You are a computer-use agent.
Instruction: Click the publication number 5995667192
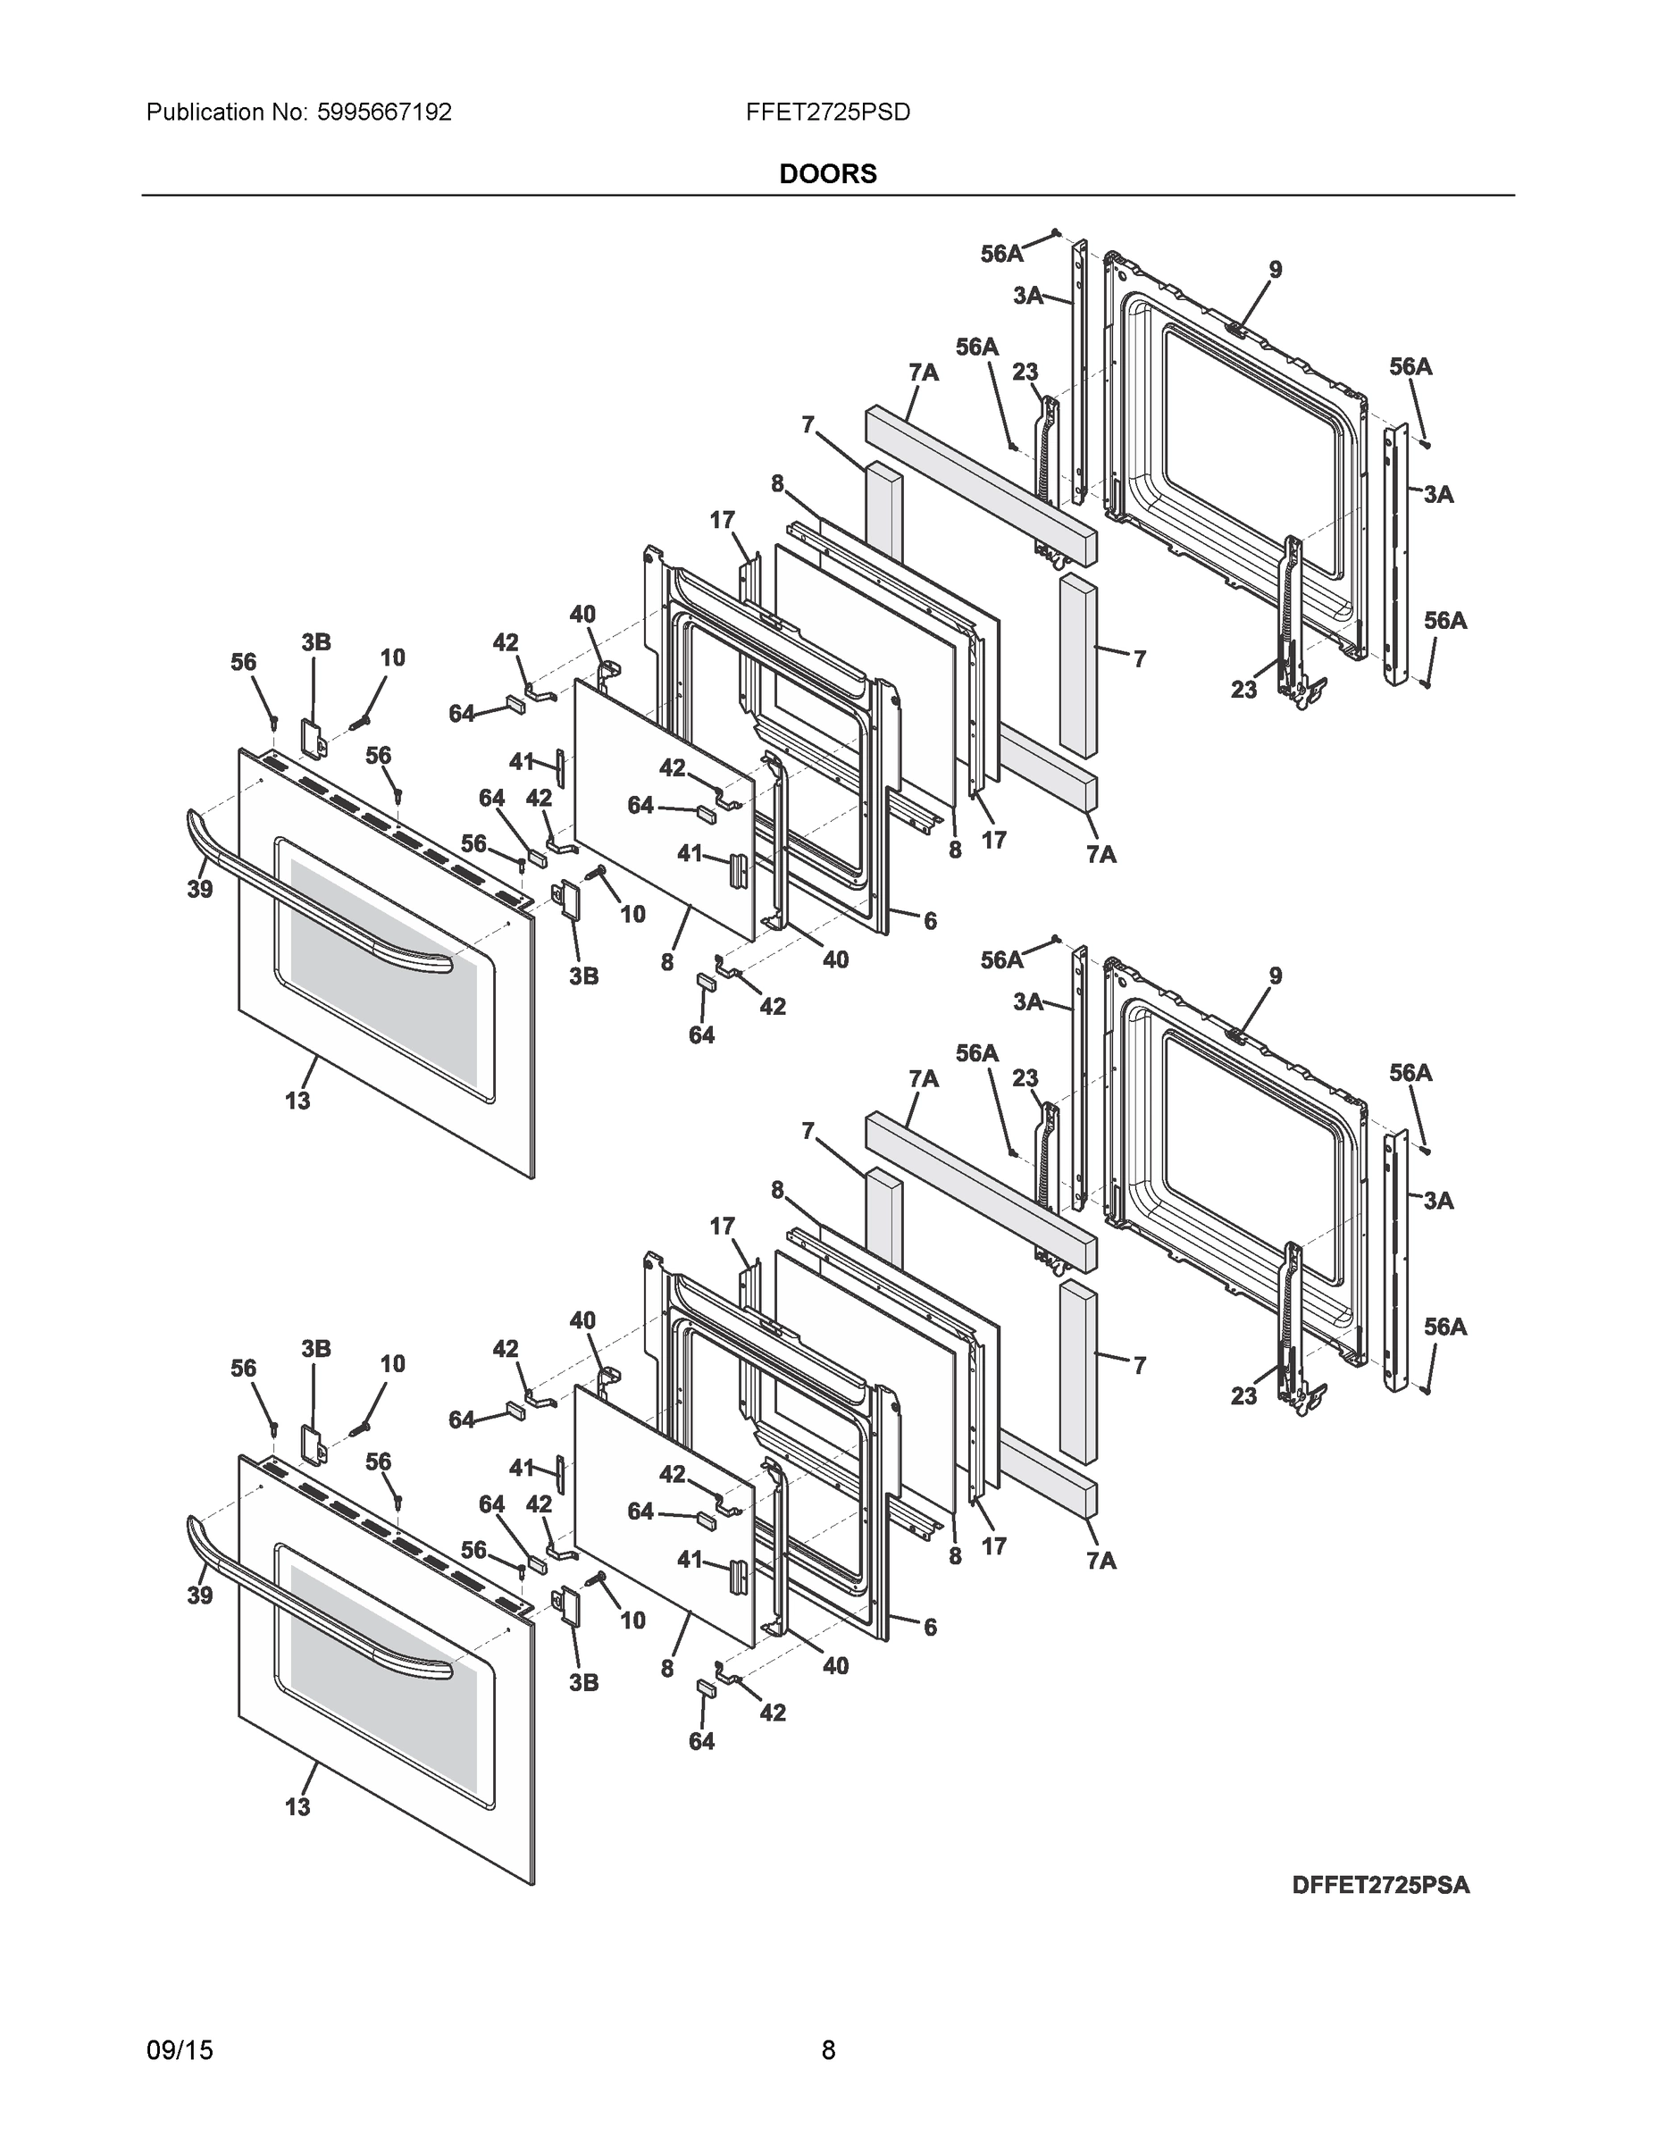pos(385,113)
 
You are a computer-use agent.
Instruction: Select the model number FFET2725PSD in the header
pos(827,113)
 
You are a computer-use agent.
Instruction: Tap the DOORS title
pos(827,174)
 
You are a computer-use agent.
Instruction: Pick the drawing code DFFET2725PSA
pos(1380,1885)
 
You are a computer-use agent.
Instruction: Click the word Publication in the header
pos(205,113)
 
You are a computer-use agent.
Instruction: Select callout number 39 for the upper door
pos(200,890)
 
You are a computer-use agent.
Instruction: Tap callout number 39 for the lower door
pos(200,1596)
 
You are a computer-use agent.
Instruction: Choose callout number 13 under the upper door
pos(297,1101)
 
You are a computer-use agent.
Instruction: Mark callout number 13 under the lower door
pos(297,1806)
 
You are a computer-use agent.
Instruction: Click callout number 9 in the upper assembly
pos(1274,269)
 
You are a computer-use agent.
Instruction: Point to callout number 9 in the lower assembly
pos(1274,976)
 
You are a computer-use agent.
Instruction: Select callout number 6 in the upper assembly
pos(930,921)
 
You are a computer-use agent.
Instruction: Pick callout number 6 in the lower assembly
pos(930,1627)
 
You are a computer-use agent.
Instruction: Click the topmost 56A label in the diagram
pos(1001,255)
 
